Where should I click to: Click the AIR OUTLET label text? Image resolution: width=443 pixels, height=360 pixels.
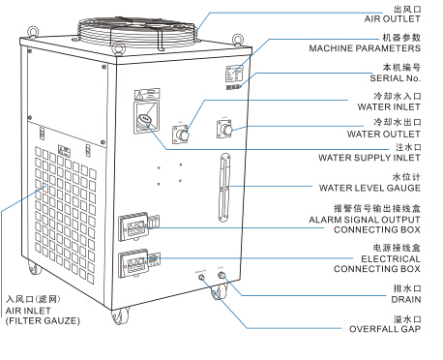(x=392, y=19)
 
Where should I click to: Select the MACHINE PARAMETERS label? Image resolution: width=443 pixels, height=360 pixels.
(x=365, y=48)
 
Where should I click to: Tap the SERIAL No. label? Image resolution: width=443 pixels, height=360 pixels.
(x=396, y=78)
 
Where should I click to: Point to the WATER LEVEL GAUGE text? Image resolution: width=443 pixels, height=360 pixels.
(x=369, y=188)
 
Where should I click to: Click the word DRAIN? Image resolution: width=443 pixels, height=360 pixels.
(x=406, y=299)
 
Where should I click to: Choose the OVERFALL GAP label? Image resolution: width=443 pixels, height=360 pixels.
(x=385, y=329)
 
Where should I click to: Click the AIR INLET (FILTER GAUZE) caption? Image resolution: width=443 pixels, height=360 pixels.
(x=43, y=315)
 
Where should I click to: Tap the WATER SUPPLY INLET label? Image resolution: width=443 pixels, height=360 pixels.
(x=369, y=158)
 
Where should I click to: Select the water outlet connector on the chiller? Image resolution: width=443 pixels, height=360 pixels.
(x=225, y=129)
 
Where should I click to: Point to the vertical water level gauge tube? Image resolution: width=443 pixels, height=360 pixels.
(x=224, y=188)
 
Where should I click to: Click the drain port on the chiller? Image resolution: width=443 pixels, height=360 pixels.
(x=221, y=276)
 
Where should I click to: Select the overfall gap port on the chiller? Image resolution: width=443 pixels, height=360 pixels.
(x=202, y=278)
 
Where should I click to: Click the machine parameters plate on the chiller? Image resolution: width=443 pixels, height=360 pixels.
(x=234, y=74)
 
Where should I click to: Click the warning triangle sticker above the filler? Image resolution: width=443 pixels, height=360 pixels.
(x=139, y=95)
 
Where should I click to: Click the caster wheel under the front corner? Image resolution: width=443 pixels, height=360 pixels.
(x=120, y=315)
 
